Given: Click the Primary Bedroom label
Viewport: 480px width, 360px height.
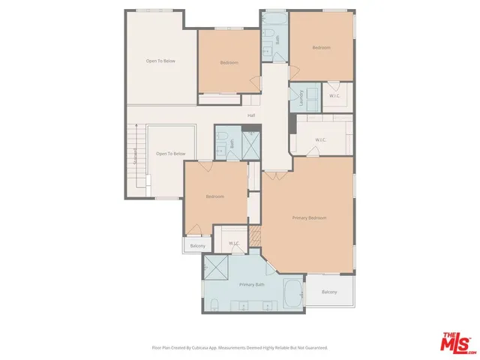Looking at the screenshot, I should coord(309,217).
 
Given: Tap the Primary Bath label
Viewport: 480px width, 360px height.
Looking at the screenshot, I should coord(252,285).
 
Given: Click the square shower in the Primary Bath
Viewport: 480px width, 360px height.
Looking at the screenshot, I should coord(215,266).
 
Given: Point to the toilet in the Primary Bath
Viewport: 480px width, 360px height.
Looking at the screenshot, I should coord(214,304).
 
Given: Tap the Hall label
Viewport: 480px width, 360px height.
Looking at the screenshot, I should coord(252,115).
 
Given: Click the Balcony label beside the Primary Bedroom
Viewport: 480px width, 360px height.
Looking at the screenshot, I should coord(329,292).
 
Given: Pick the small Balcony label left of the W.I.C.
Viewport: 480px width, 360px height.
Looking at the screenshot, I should coord(197,246).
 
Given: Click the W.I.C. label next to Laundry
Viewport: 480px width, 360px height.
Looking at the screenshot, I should coord(334,95).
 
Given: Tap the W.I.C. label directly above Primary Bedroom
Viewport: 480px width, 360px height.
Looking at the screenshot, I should coord(320,139).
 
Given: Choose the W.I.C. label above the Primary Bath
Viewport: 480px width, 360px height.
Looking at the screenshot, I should coord(234,243).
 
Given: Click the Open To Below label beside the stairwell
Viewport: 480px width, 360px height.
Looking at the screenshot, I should coord(170,154).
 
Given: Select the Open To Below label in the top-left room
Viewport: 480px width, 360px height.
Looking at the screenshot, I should coord(160,61).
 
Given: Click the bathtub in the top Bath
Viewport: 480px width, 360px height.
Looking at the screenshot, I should coord(274,18).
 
